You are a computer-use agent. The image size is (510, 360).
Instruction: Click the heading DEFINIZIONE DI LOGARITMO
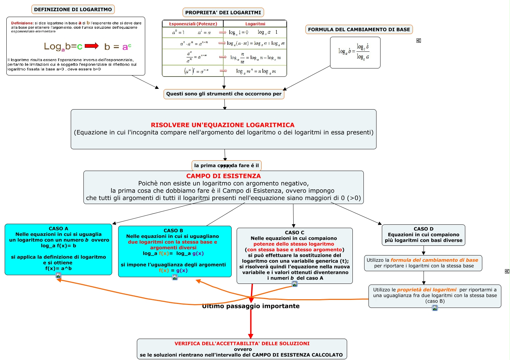pyautogui.click(x=73, y=9)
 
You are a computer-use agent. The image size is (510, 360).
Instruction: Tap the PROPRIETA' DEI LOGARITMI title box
pyautogui.click(x=223, y=12)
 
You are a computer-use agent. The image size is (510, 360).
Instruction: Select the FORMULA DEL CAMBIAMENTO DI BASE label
pyautogui.click(x=359, y=29)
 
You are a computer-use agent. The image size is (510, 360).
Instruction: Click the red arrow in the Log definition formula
pyautogui.click(x=92, y=46)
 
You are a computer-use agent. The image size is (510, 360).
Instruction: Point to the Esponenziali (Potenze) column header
pyautogui.click(x=193, y=24)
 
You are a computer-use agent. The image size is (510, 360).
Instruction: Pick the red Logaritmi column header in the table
pyautogui.click(x=255, y=24)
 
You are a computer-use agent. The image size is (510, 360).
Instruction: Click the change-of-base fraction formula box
pyautogui.click(x=355, y=52)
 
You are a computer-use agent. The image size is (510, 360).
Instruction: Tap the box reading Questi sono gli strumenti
pyautogui.click(x=224, y=94)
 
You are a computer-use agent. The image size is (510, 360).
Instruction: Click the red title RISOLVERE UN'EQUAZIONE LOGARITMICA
pyautogui.click(x=223, y=125)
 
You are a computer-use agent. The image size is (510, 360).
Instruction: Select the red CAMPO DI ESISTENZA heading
pyautogui.click(x=223, y=176)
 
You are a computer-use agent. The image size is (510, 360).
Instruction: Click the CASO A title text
pyautogui.click(x=58, y=228)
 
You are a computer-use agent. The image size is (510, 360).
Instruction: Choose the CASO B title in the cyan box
pyautogui.click(x=173, y=230)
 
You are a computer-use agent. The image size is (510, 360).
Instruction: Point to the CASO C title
pyautogui.click(x=294, y=232)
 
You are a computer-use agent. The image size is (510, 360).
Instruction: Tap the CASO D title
pyautogui.click(x=423, y=229)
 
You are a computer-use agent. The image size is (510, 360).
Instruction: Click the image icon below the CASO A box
pyautogui.click(x=58, y=275)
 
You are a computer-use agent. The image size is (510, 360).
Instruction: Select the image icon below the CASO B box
pyautogui.click(x=175, y=277)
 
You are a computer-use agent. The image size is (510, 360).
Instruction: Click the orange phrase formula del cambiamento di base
pyautogui.click(x=434, y=260)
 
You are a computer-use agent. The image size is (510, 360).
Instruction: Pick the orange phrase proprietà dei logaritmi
pyautogui.click(x=427, y=290)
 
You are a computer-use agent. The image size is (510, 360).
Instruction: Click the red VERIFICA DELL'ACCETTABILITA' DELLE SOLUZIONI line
pyautogui.click(x=242, y=343)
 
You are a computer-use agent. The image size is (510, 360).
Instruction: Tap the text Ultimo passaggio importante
pyautogui.click(x=251, y=306)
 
